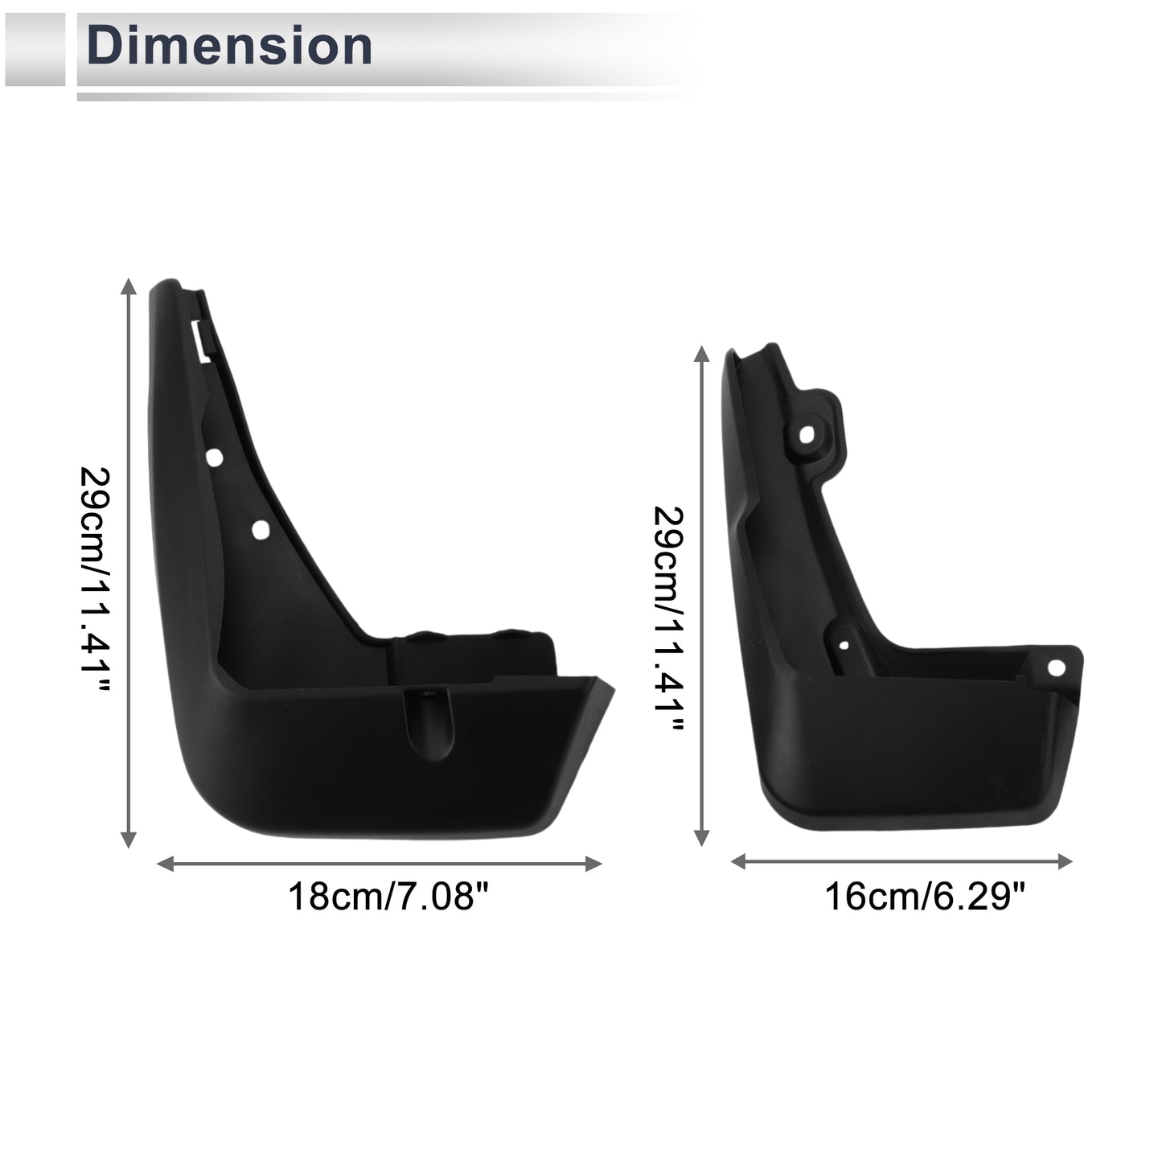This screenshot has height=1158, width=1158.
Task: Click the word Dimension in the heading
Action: tap(229, 46)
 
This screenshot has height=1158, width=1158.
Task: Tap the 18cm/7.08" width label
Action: tap(389, 897)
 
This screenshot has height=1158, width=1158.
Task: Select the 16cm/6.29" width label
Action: tap(924, 897)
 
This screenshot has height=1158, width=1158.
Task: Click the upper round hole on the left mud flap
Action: tap(214, 458)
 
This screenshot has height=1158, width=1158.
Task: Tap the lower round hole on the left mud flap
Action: tap(261, 529)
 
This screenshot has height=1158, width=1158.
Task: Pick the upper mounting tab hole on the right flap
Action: tap(806, 434)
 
